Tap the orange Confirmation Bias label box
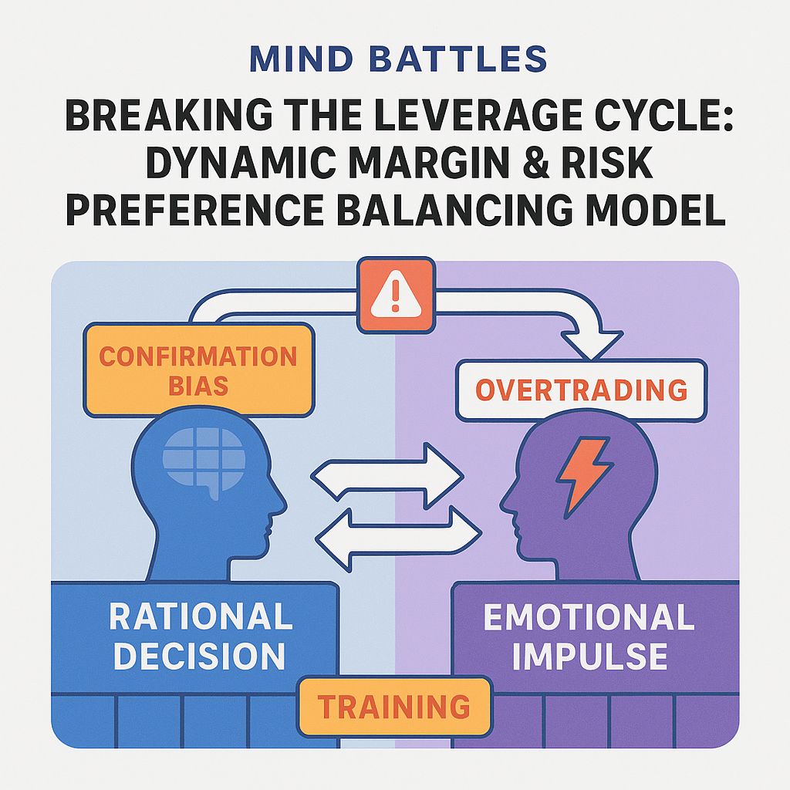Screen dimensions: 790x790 198,370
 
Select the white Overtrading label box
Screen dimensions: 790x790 580,390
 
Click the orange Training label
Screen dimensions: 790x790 393,705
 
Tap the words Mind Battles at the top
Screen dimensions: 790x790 394,59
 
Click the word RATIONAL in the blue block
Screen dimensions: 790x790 200,616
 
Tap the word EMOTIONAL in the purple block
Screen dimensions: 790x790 589,617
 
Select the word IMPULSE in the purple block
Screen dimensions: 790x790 589,656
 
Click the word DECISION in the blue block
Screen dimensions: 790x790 200,656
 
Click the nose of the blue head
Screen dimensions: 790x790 282,505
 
